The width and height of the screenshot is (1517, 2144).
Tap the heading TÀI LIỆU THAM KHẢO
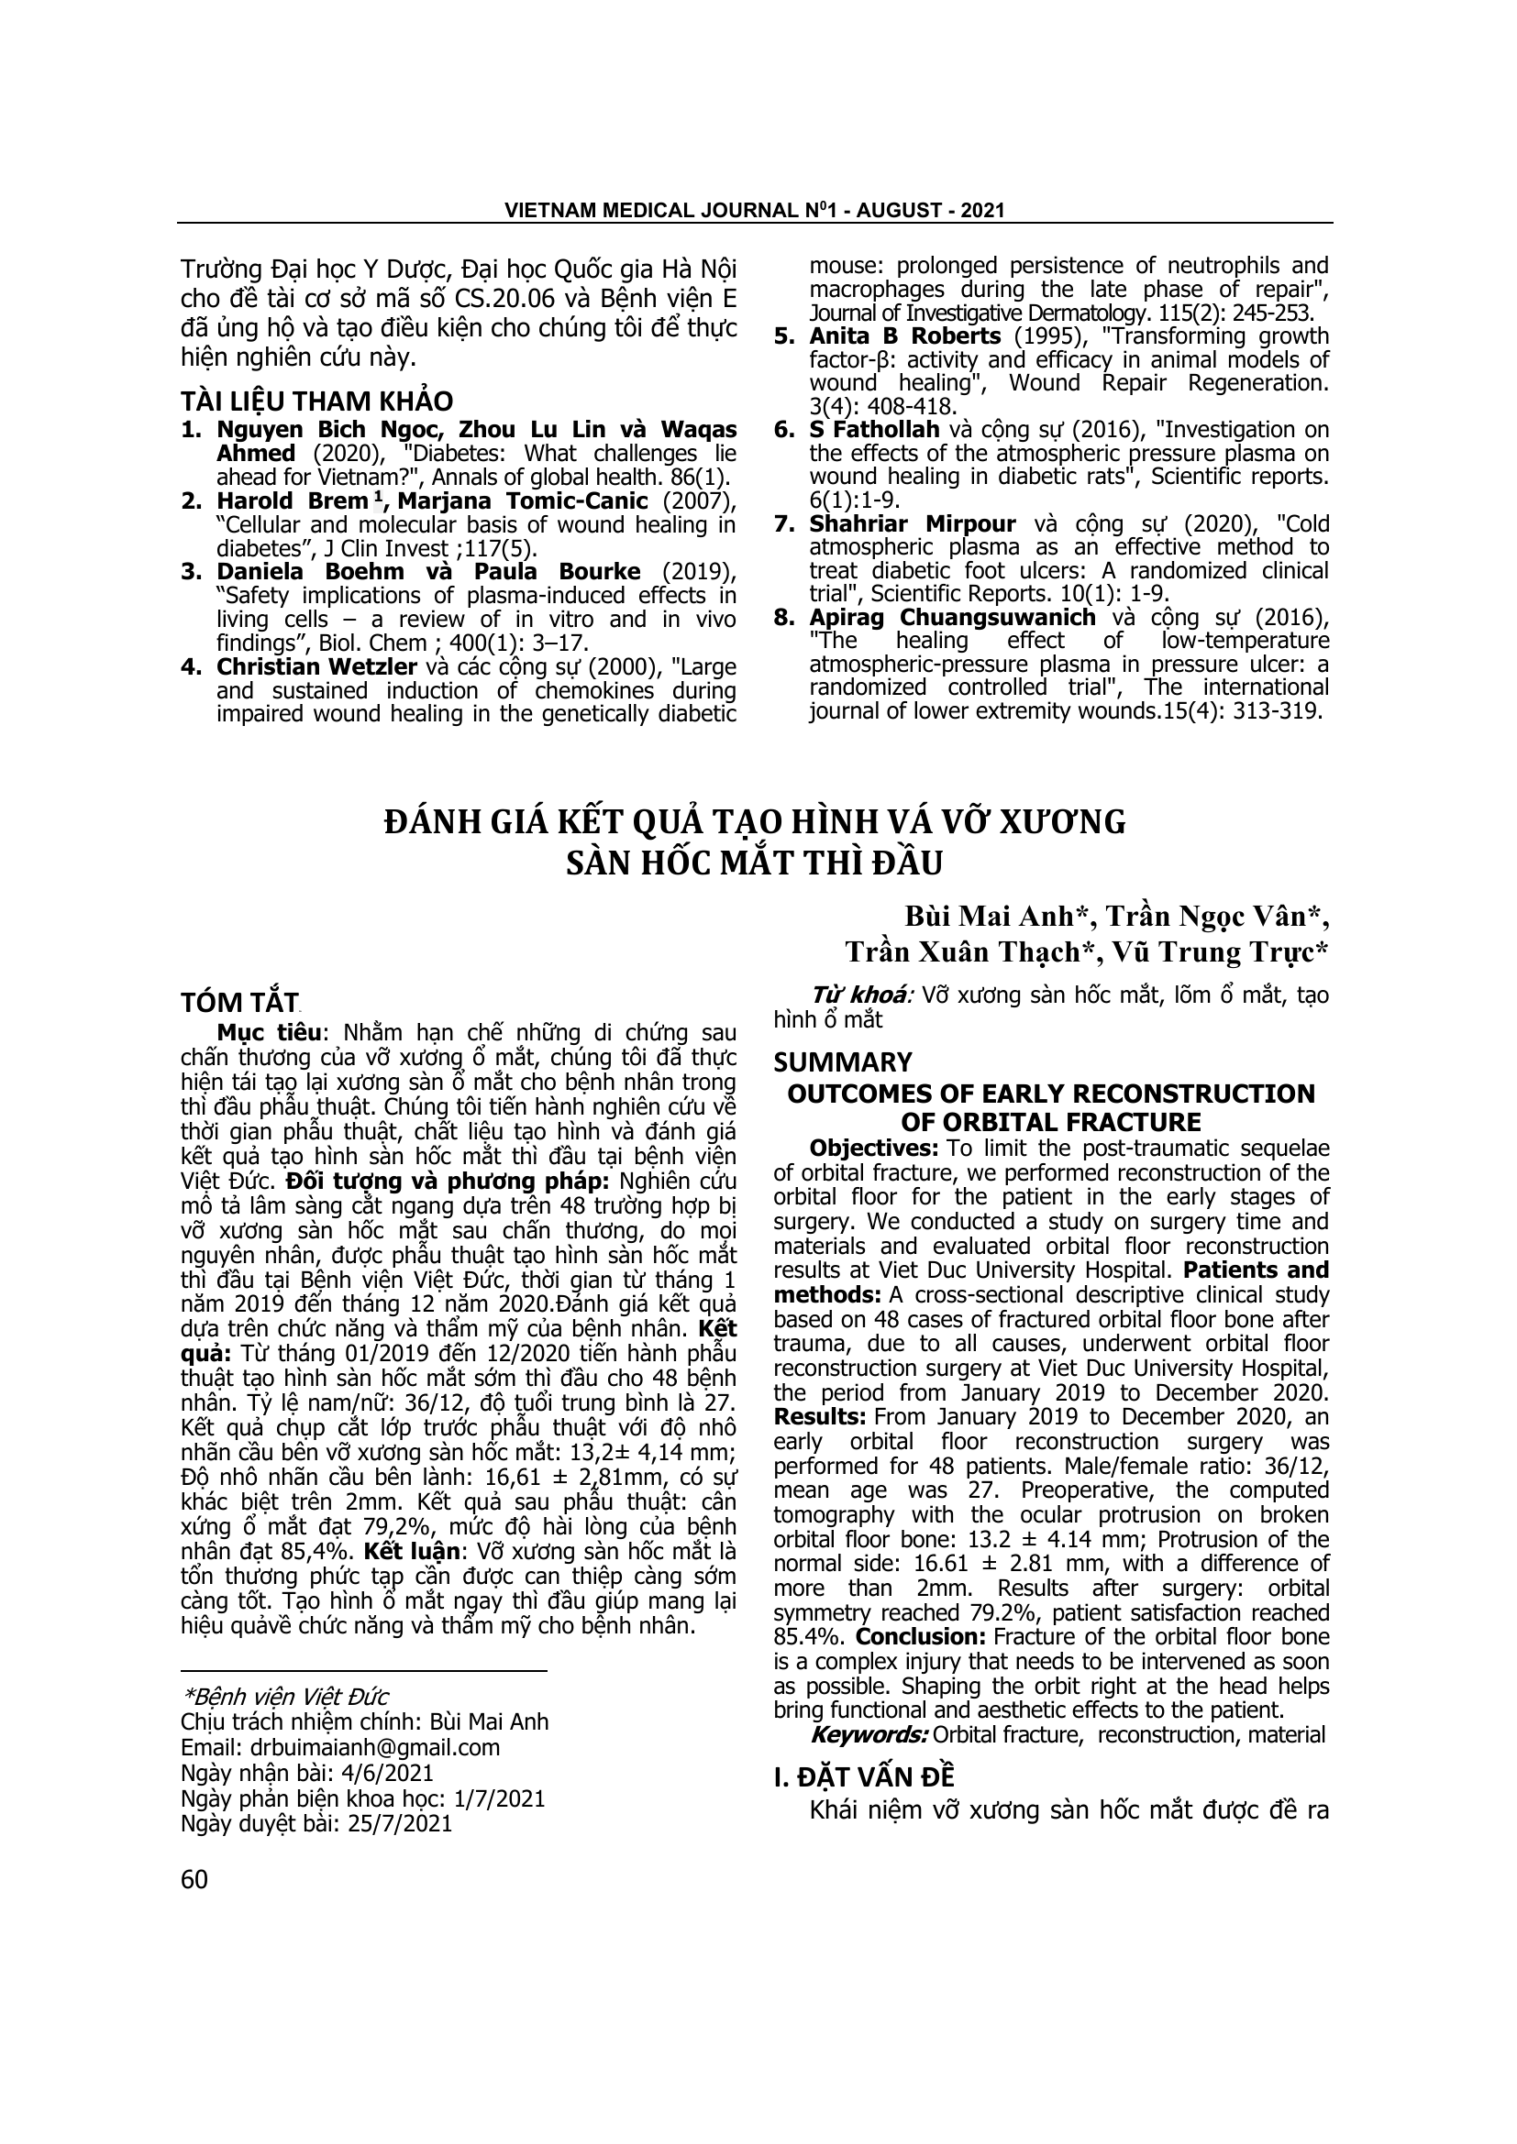tap(316, 401)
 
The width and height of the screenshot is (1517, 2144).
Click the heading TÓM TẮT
tap(238, 1003)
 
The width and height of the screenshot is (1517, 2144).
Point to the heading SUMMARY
tap(843, 1062)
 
